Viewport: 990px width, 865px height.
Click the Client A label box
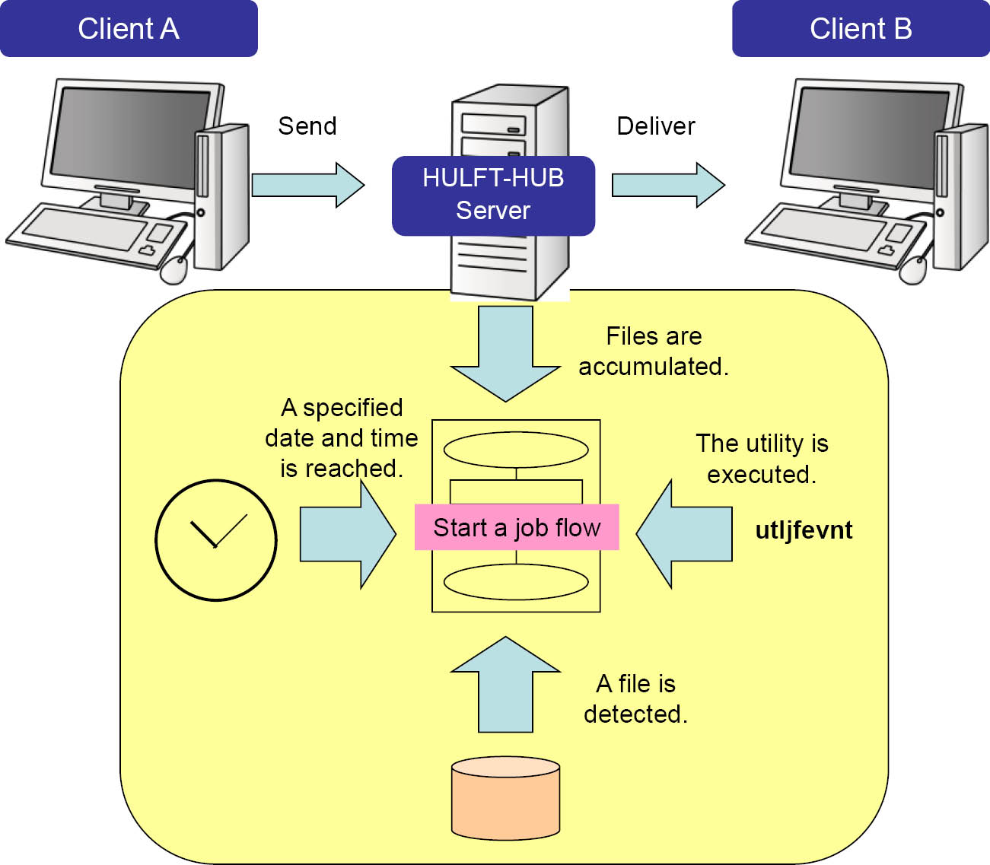[x=129, y=29]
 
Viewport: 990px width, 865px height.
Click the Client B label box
[x=861, y=29]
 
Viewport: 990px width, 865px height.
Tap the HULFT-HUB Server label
[x=493, y=195]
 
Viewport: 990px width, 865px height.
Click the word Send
[x=307, y=126]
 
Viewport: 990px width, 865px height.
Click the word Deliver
[x=656, y=126]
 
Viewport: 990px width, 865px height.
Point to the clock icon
[x=216, y=540]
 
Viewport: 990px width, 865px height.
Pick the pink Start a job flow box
[x=517, y=527]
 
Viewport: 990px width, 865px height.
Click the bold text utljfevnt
[x=804, y=529]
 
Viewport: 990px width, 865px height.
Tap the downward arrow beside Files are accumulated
[x=505, y=355]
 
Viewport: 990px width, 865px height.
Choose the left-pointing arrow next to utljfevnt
[x=685, y=534]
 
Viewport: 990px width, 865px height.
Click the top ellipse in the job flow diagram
[x=516, y=450]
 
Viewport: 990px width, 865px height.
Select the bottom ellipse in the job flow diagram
[x=516, y=582]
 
